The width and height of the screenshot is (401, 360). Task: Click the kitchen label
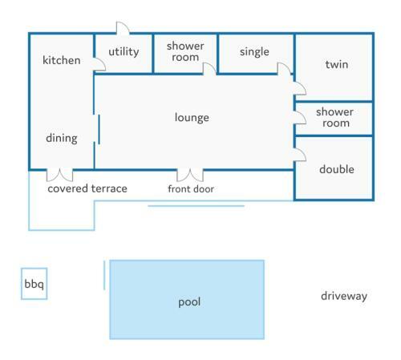point(62,60)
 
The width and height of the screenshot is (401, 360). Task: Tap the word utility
point(124,51)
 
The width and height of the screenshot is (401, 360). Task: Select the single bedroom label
point(254,52)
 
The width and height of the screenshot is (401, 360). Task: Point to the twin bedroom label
point(337,64)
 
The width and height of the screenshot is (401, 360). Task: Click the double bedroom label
point(337,169)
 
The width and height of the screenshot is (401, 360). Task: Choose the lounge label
point(192,118)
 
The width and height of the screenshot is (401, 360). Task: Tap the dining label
point(62,138)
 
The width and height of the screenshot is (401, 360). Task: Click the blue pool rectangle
point(187,300)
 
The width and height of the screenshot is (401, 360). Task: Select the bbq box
point(34,284)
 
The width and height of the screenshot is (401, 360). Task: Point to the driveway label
point(344,296)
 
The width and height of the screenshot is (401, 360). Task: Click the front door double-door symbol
point(190,176)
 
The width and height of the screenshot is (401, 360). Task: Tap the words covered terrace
point(87,188)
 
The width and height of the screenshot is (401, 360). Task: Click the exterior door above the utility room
point(123,28)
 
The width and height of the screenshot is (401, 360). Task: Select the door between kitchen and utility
point(99,64)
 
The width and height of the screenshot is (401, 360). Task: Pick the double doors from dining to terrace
point(59,176)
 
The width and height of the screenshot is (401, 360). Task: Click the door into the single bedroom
point(284,68)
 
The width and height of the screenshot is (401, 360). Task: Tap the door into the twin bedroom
point(300,88)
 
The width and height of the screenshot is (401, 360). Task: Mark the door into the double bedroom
point(300,155)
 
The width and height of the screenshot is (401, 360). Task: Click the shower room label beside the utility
point(185,51)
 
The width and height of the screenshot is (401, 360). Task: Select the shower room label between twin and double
point(334,118)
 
